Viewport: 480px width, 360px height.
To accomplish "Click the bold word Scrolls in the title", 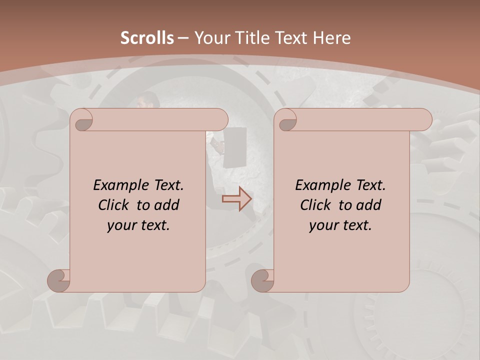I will point(147,38).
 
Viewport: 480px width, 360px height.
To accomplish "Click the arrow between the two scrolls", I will point(237,199).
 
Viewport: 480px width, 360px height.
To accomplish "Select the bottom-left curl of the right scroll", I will point(262,280).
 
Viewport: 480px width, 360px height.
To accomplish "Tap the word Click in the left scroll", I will point(113,205).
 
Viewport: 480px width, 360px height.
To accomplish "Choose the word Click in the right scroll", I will point(315,205).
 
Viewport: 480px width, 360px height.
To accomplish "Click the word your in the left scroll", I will point(120,225).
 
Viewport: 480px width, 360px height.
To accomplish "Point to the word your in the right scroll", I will point(322,225).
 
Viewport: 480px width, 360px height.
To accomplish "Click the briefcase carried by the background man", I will point(235,147).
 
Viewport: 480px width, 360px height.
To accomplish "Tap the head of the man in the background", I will point(144,100).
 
